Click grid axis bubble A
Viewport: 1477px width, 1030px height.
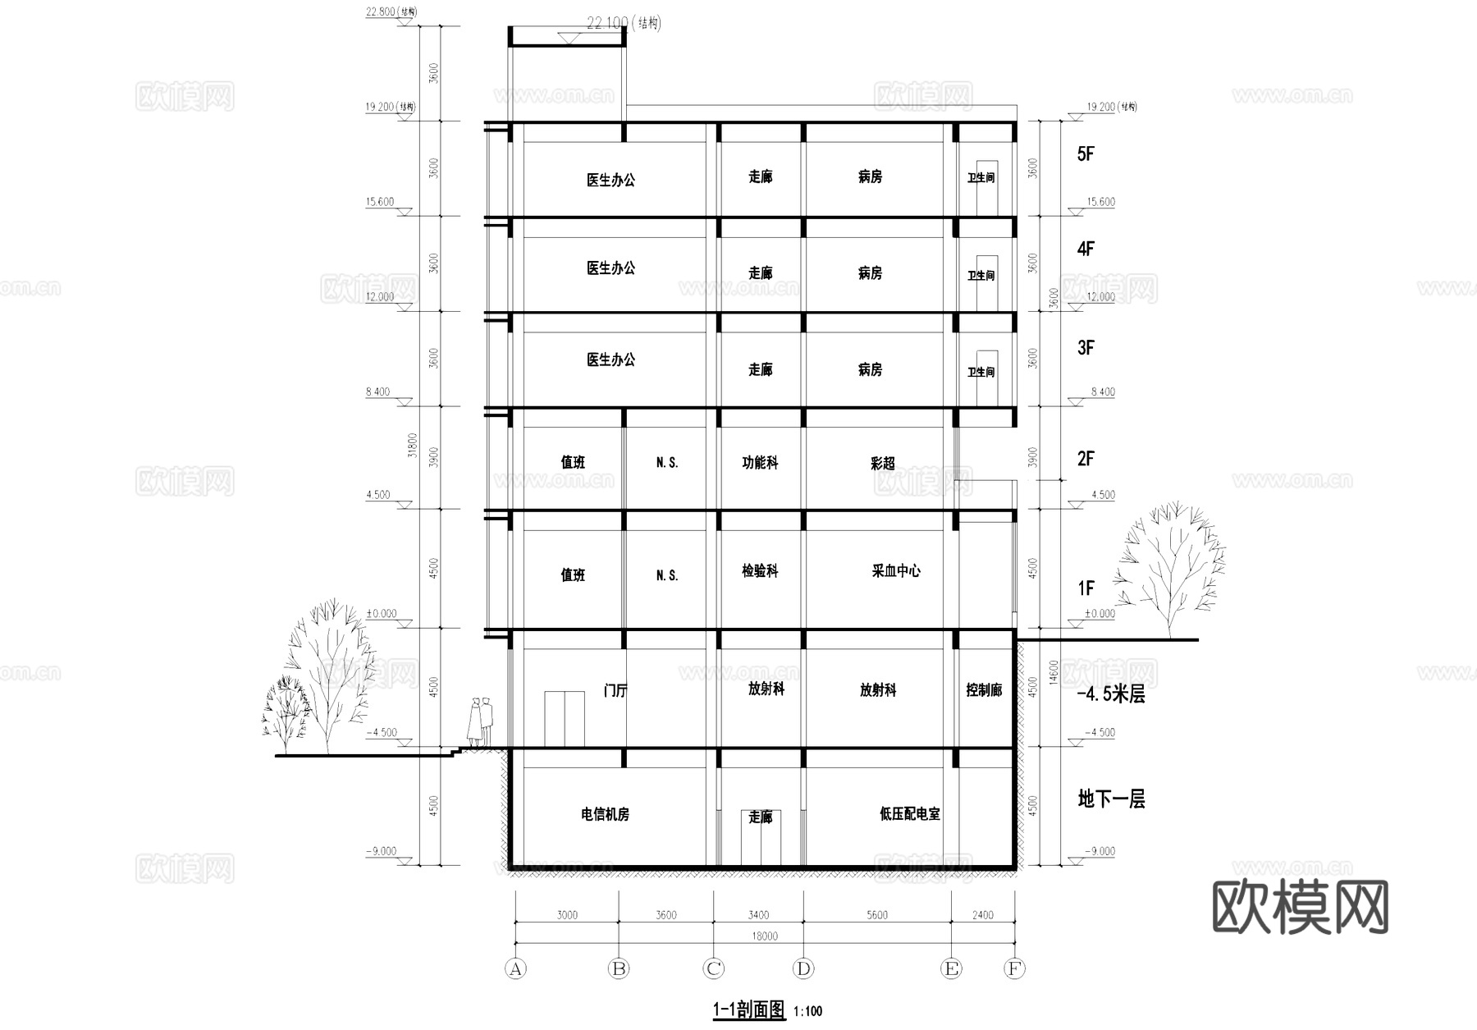[x=515, y=968]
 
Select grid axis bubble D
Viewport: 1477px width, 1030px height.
[x=803, y=968]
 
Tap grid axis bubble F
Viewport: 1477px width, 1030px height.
[x=1014, y=968]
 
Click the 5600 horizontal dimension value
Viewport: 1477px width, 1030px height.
[x=876, y=914]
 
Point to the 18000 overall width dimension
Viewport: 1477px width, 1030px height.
[x=764, y=936]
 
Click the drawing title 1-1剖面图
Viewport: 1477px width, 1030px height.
[x=748, y=1009]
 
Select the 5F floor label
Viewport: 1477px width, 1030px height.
[x=1086, y=153]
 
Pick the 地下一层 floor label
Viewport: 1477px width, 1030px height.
[x=1111, y=799]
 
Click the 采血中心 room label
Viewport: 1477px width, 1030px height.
[x=895, y=570]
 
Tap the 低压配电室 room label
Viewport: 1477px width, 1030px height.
[x=909, y=813]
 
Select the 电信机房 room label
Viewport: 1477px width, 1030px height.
[x=605, y=814]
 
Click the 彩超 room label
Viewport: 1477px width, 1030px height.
[x=882, y=463]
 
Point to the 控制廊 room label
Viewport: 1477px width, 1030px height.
[x=984, y=690]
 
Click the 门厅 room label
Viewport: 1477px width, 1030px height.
[x=615, y=690]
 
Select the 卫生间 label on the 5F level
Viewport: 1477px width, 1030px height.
[x=981, y=178]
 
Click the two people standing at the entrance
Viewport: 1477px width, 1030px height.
[x=479, y=721]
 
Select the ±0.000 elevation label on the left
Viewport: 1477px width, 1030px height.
[x=381, y=613]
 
